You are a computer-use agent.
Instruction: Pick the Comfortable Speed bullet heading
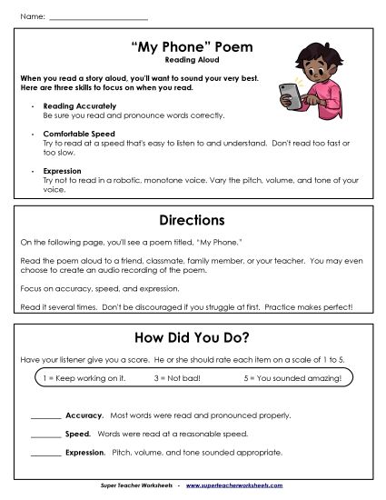pyautogui.click(x=72, y=134)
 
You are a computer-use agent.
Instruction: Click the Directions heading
pyautogui.click(x=192, y=220)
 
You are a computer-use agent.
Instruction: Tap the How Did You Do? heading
pyautogui.click(x=192, y=337)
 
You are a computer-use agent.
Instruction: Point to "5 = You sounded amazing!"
pyautogui.click(x=292, y=378)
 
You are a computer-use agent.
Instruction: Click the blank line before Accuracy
pyautogui.click(x=45, y=416)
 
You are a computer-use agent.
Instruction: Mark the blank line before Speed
pyautogui.click(x=45, y=435)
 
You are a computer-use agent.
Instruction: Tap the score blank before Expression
pyautogui.click(x=45, y=453)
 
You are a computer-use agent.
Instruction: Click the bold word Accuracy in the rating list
pyautogui.click(x=84, y=415)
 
